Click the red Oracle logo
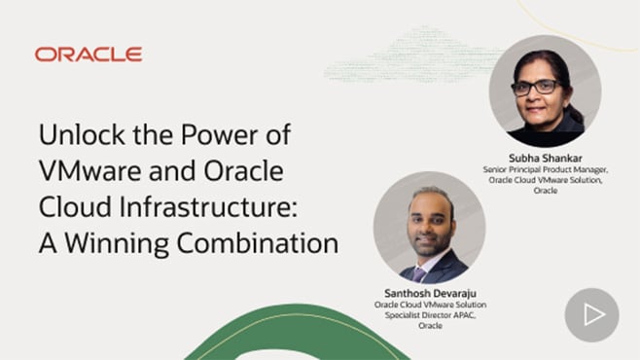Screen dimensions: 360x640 89,54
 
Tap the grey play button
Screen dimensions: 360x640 591,314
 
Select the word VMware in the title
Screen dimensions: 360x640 89,170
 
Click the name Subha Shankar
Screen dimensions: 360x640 545,157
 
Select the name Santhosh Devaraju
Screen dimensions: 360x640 429,293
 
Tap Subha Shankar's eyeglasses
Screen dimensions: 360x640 536,88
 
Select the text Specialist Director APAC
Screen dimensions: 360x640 429,315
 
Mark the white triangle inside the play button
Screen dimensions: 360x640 593,314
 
